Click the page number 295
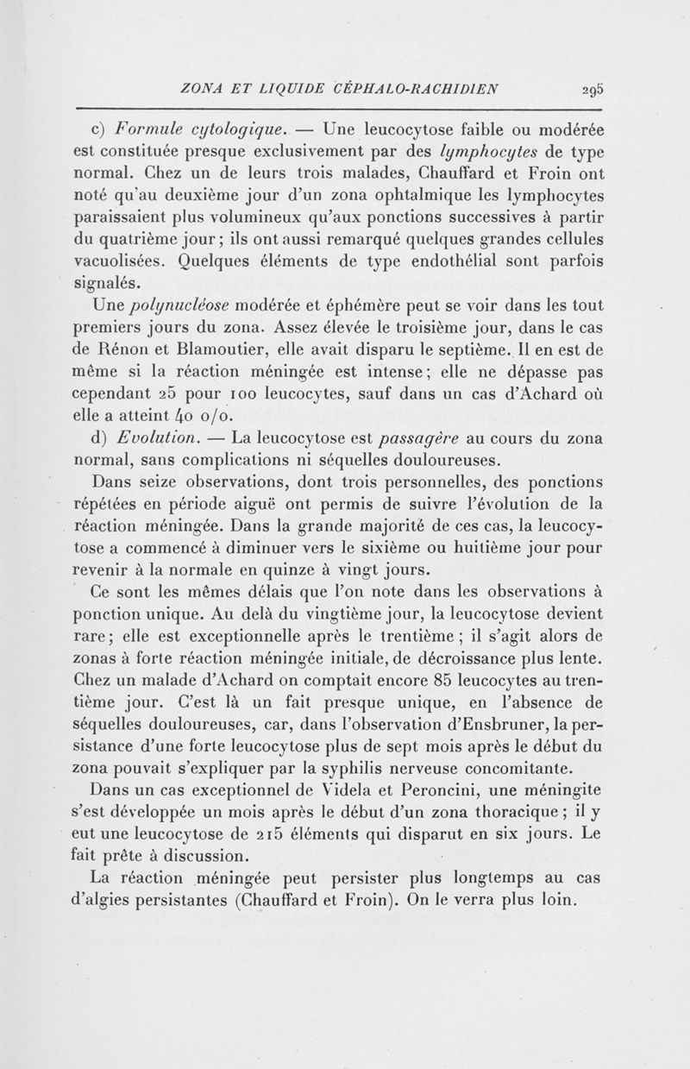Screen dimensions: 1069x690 click(592, 88)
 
